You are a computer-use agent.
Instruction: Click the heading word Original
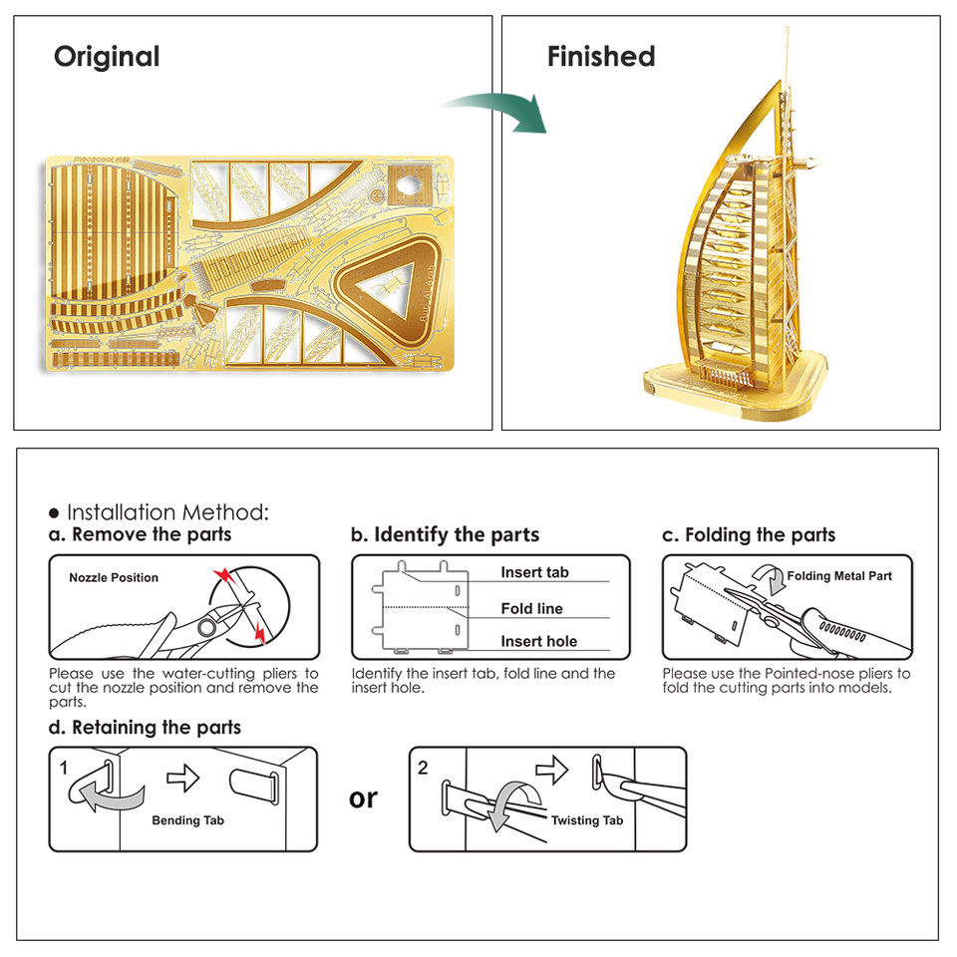click(x=107, y=57)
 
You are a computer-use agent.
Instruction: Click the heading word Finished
click(x=601, y=57)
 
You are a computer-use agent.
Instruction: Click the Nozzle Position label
click(x=114, y=577)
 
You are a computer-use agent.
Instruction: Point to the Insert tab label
click(x=534, y=572)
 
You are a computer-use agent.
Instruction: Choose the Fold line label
click(x=531, y=608)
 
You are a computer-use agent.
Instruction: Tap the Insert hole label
click(x=538, y=641)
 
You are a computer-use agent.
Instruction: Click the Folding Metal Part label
click(x=839, y=575)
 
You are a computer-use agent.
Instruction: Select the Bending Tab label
click(x=188, y=820)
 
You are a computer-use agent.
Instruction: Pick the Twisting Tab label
click(x=587, y=819)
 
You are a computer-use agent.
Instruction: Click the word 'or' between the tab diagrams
click(x=364, y=797)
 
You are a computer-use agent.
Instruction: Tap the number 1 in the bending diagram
click(x=63, y=769)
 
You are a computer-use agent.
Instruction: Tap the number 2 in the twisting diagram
click(x=423, y=768)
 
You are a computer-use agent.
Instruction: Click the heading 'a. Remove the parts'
click(x=140, y=534)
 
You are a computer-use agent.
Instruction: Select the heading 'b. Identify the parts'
click(x=445, y=534)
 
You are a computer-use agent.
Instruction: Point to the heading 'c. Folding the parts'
click(x=749, y=534)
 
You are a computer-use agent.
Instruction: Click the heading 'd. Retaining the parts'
click(x=145, y=727)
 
